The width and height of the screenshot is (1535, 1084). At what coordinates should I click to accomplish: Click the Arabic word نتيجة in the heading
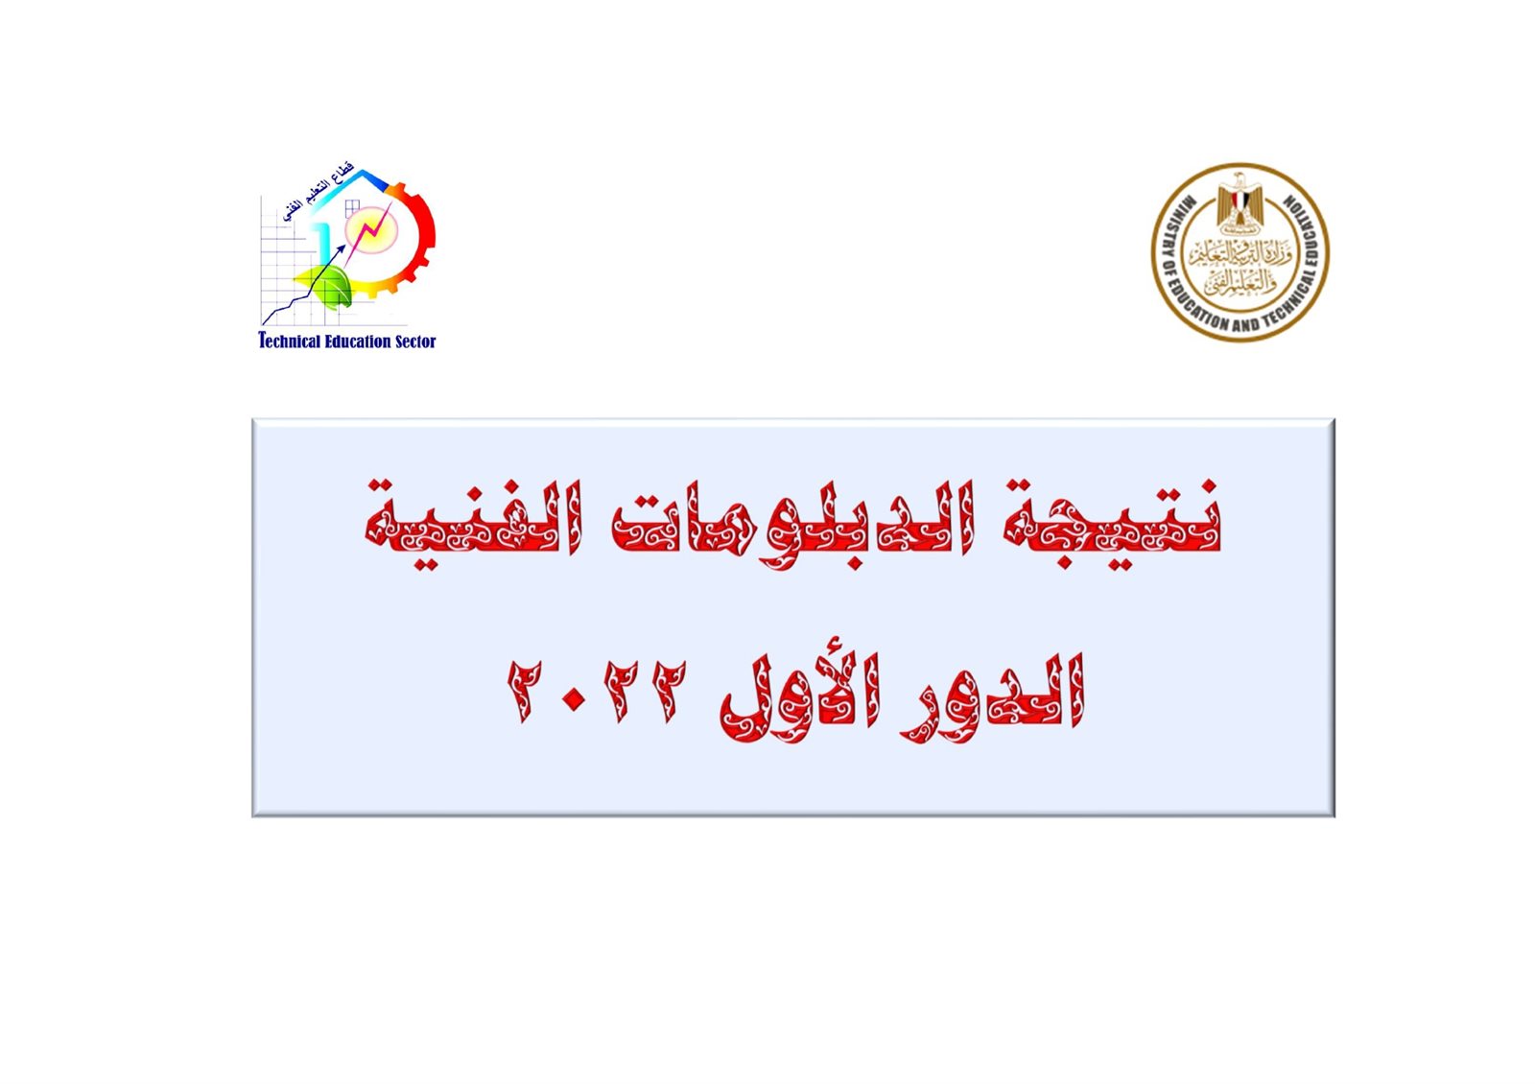1113,523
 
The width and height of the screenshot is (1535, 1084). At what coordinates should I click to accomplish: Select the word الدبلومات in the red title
792,523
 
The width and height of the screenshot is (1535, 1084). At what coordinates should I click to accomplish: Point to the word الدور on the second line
994,695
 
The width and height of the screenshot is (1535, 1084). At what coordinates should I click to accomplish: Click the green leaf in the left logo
332,286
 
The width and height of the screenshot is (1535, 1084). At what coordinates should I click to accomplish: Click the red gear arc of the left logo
422,230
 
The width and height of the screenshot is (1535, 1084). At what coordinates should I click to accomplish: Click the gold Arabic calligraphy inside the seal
1240,264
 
